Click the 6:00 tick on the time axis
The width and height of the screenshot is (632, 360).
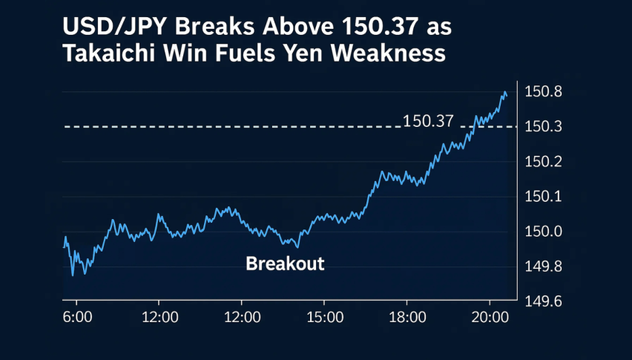tap(77, 317)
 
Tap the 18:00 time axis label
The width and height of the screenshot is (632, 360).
tap(407, 317)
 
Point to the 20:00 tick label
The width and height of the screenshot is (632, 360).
tap(490, 317)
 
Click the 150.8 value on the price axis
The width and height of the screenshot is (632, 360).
tap(543, 93)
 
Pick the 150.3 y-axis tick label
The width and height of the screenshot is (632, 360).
tap(543, 127)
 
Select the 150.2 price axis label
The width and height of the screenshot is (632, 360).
tap(543, 162)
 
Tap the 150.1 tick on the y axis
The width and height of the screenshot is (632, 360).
tap(543, 197)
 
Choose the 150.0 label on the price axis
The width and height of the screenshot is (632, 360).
tap(543, 232)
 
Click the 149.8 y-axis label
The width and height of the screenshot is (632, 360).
tap(543, 266)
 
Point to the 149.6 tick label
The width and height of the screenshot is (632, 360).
tap(543, 301)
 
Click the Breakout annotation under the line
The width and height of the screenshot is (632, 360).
tap(285, 264)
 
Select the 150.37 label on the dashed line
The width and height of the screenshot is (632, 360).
tap(428, 121)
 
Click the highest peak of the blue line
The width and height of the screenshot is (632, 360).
tap(504, 92)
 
